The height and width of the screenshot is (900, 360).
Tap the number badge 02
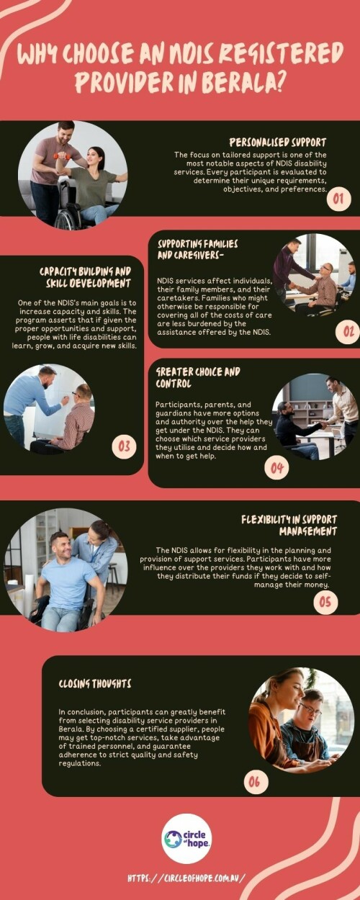tap(348, 331)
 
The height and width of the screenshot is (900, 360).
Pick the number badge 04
tap(277, 468)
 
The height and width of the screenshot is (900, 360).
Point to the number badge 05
tap(325, 600)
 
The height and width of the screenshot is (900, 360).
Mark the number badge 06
tap(256, 781)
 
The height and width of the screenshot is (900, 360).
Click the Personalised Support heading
tap(277, 142)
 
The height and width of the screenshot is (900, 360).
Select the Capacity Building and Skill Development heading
tap(85, 276)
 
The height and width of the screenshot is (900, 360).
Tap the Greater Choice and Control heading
tap(189, 378)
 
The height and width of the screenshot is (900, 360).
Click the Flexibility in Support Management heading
tap(289, 525)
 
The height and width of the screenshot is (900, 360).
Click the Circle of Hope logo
tap(186, 838)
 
